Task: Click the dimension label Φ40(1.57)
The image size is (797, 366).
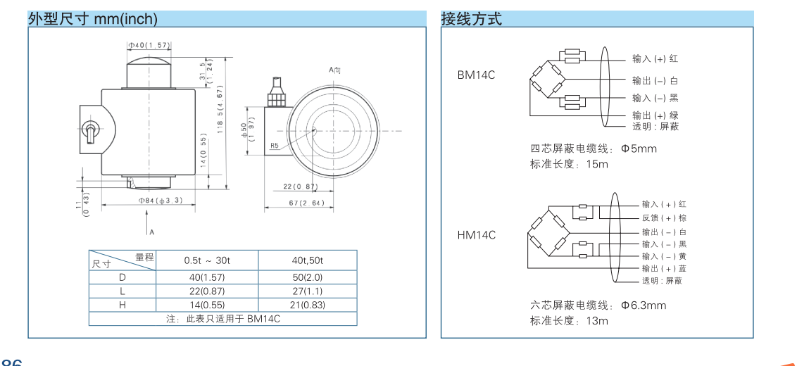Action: [149, 46]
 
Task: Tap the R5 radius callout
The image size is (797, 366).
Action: [275, 146]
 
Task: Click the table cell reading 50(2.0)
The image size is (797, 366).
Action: [307, 277]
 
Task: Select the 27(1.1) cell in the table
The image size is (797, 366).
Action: [307, 291]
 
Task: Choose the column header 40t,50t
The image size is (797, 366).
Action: [307, 260]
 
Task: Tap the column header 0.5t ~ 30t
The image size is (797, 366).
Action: [207, 260]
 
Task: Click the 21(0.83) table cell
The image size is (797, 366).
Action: [307, 305]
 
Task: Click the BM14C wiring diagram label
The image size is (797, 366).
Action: [476, 75]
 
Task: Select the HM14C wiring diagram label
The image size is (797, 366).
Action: [476, 235]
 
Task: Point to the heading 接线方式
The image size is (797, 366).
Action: [471, 19]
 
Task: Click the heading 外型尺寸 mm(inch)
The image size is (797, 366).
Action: [92, 19]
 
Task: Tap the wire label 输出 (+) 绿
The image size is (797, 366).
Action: [655, 115]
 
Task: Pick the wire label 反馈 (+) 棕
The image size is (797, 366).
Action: [663, 218]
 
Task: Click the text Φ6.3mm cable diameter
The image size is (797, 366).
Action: [643, 305]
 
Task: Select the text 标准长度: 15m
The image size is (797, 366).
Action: [569, 164]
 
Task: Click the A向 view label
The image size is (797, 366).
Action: [334, 70]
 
